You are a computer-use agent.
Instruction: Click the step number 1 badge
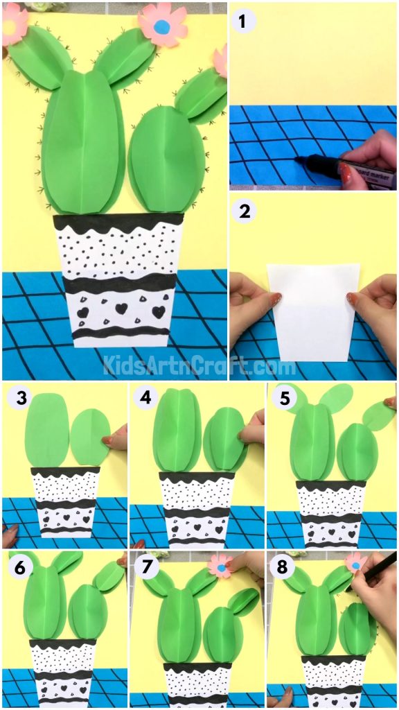(242, 21)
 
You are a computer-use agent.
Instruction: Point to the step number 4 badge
(145, 398)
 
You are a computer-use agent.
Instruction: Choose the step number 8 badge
(282, 566)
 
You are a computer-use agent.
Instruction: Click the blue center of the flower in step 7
(222, 568)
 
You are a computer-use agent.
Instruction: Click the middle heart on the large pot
(121, 308)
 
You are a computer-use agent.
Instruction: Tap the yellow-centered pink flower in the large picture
(12, 26)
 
